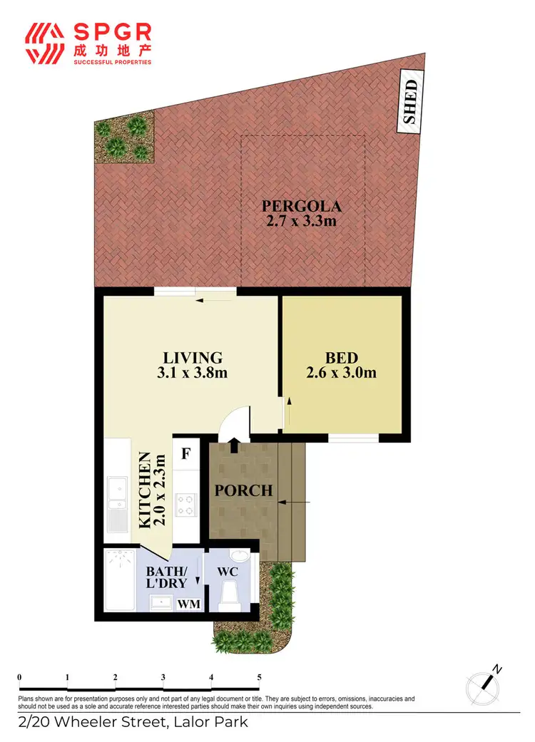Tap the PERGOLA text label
pos(300,207)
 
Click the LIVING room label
pos(193,358)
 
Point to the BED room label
pos(341,358)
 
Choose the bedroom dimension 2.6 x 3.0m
pos(341,373)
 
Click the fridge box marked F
pos(185,453)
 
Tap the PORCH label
pos(245,491)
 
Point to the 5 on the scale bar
pos(259,677)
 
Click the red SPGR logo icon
pos(45,42)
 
